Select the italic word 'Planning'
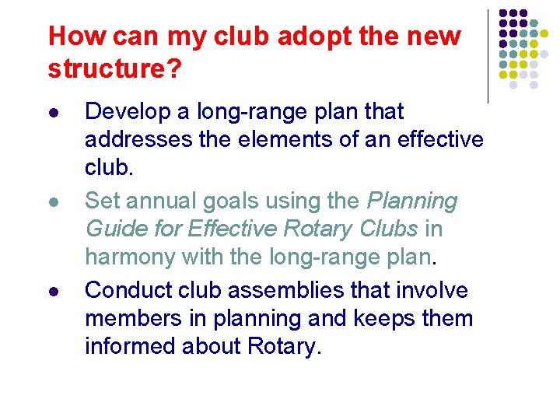[412, 201]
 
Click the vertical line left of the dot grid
[488, 56]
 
